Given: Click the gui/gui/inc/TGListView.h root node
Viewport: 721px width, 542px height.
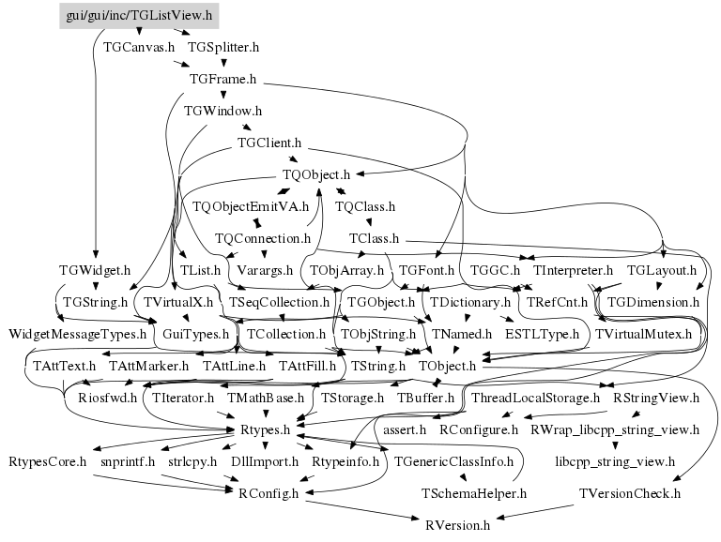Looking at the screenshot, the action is coord(139,16).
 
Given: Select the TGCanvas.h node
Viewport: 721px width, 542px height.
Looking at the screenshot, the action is coord(139,47).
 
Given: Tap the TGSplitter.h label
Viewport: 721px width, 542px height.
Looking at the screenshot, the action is coord(223,47).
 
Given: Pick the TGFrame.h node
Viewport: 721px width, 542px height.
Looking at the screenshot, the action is coord(223,79).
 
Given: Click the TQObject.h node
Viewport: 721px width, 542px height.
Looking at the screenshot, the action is coord(316,174).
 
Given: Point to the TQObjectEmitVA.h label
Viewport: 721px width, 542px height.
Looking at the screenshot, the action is coord(251,206).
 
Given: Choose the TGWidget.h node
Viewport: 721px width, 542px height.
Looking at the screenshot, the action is coord(95,271).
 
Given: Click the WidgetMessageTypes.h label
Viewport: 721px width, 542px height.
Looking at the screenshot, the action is coord(77,334).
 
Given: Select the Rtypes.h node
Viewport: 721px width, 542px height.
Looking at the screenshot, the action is coord(266,429).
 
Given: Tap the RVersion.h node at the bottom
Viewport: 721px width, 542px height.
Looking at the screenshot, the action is coord(458,525).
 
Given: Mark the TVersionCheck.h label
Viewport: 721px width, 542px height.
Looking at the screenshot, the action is coord(630,494).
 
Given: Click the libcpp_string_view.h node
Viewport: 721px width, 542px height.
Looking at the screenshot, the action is coord(615,461).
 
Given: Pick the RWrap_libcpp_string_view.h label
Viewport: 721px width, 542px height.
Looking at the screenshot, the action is coord(615,429).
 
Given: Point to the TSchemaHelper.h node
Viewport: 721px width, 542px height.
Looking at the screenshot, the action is coord(474,494).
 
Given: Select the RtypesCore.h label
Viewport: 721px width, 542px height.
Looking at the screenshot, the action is coord(47,461).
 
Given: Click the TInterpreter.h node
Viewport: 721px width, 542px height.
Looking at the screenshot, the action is coord(573,271).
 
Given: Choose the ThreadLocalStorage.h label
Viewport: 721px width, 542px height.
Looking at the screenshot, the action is coord(536,398).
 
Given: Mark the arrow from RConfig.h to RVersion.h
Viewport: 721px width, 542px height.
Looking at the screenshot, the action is coord(362,510).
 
